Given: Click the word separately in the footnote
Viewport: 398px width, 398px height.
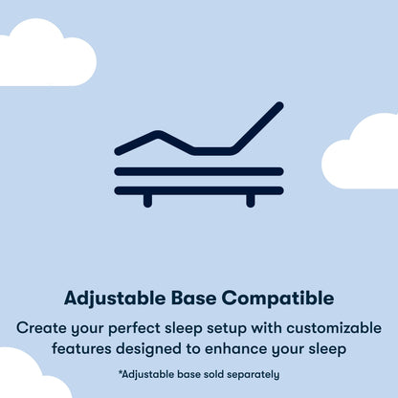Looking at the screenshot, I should click(x=251, y=374).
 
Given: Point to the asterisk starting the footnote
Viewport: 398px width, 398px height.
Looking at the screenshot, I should click(x=121, y=372).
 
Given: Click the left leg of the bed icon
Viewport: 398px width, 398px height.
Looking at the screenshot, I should click(x=147, y=200).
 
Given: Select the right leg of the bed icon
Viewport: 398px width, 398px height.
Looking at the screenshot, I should click(x=251, y=200).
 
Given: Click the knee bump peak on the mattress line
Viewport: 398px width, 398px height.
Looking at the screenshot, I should click(x=159, y=133).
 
